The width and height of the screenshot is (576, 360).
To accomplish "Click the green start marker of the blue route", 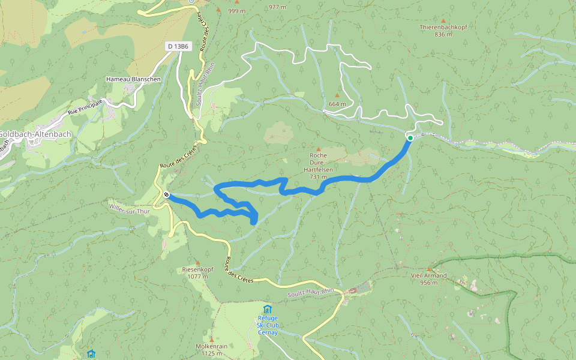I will tap(410, 138).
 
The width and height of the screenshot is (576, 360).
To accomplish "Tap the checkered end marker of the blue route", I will tap(166, 194).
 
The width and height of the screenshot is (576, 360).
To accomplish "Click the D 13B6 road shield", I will tap(179, 46).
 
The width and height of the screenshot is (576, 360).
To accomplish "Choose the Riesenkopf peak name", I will tap(198, 269).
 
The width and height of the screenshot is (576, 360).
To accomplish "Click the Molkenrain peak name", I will tap(211, 346).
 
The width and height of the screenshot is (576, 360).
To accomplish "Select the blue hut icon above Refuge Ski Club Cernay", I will tap(268, 309).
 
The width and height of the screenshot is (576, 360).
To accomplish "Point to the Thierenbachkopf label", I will tap(443, 28).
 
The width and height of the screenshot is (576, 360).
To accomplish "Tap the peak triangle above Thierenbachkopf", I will tap(443, 20).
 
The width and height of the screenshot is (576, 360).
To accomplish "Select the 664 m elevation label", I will tap(337, 104).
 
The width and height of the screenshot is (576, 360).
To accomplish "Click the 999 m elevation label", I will tap(236, 11).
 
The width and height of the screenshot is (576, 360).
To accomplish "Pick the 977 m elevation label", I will tap(278, 7).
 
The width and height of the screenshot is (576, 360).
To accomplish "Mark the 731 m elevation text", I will tap(318, 177).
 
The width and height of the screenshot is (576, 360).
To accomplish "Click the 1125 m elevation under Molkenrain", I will tap(211, 353).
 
